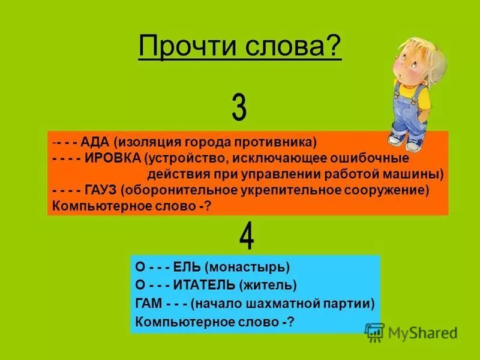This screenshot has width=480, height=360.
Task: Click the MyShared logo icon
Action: click(x=374, y=331)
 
